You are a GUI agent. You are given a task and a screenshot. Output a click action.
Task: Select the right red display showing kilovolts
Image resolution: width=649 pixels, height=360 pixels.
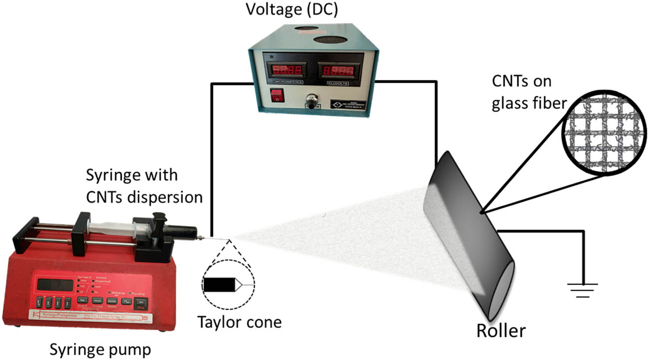coord(338,69)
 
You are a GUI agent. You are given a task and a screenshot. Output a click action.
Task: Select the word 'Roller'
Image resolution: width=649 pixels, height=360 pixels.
coord(500,330)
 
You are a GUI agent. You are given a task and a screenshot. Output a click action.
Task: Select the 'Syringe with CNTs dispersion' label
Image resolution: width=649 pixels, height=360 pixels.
coord(145,186)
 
